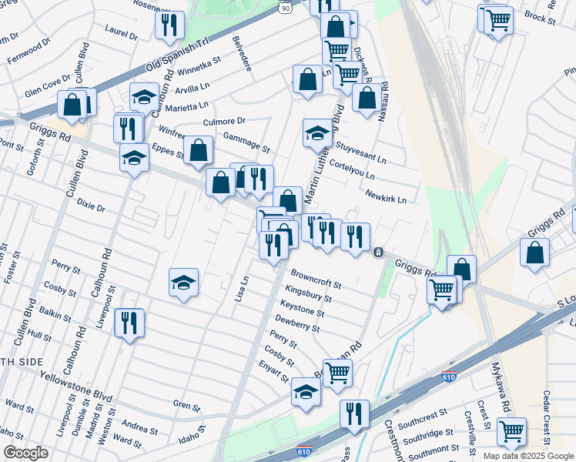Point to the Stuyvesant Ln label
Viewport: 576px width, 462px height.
(360, 152)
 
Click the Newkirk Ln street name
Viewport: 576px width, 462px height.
(386, 196)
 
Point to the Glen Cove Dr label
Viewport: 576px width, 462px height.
(48, 87)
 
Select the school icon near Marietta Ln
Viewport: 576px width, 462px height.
(144, 97)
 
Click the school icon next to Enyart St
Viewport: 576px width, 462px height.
(306, 392)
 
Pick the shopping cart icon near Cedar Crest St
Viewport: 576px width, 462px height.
(512, 431)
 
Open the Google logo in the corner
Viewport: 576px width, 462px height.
(25, 453)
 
